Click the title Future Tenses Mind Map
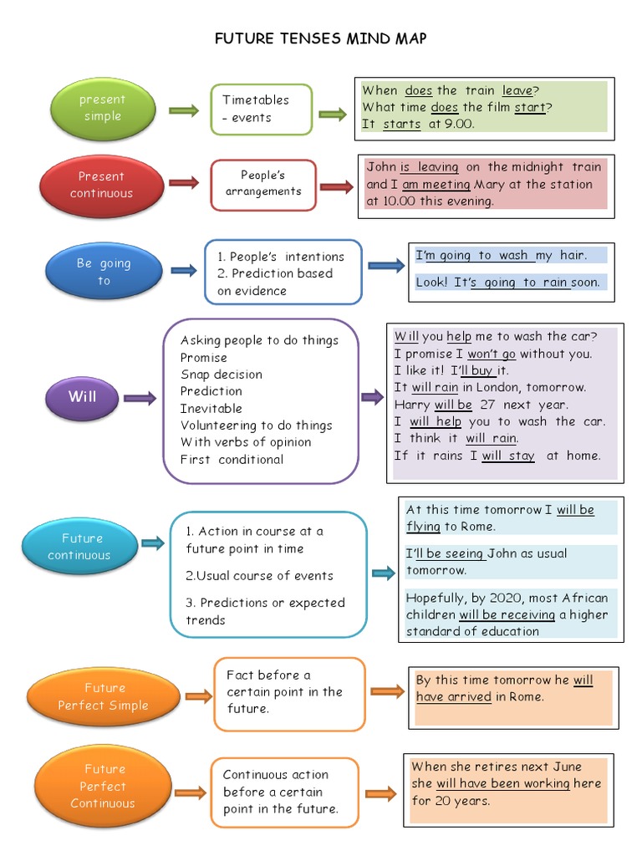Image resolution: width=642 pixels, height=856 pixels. [321, 39]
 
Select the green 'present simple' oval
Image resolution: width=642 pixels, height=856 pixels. [102, 109]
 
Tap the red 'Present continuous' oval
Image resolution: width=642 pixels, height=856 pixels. [101, 185]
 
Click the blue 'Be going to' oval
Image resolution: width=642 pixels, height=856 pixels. [104, 272]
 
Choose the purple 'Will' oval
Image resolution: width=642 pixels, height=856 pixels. [82, 397]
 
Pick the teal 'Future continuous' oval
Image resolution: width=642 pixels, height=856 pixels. [79, 547]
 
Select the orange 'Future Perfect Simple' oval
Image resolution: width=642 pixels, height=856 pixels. [104, 696]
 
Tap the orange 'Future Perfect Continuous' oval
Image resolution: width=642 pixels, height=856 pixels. [103, 786]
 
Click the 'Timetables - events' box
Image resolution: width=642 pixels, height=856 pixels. [261, 109]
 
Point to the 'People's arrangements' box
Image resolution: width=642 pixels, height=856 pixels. [263, 183]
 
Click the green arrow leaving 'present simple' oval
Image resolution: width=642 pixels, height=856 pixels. [184, 110]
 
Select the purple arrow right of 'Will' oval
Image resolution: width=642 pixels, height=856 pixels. [140, 399]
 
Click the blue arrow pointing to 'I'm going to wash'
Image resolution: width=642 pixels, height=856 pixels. [385, 266]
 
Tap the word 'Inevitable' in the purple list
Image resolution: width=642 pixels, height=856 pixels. [211, 408]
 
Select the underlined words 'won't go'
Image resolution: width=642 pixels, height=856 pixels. [492, 354]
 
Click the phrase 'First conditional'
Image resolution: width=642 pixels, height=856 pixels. [232, 459]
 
